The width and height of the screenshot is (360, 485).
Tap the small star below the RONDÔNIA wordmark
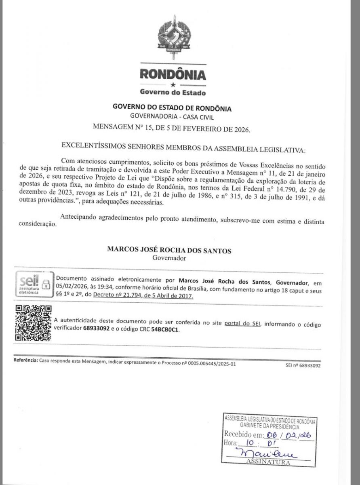(173, 85)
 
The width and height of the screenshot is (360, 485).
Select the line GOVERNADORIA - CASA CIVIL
(172, 117)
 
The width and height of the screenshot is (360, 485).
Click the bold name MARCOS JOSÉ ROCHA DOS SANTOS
(169, 251)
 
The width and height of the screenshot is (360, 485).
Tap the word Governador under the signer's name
(169, 257)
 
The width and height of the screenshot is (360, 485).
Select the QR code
(34, 323)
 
